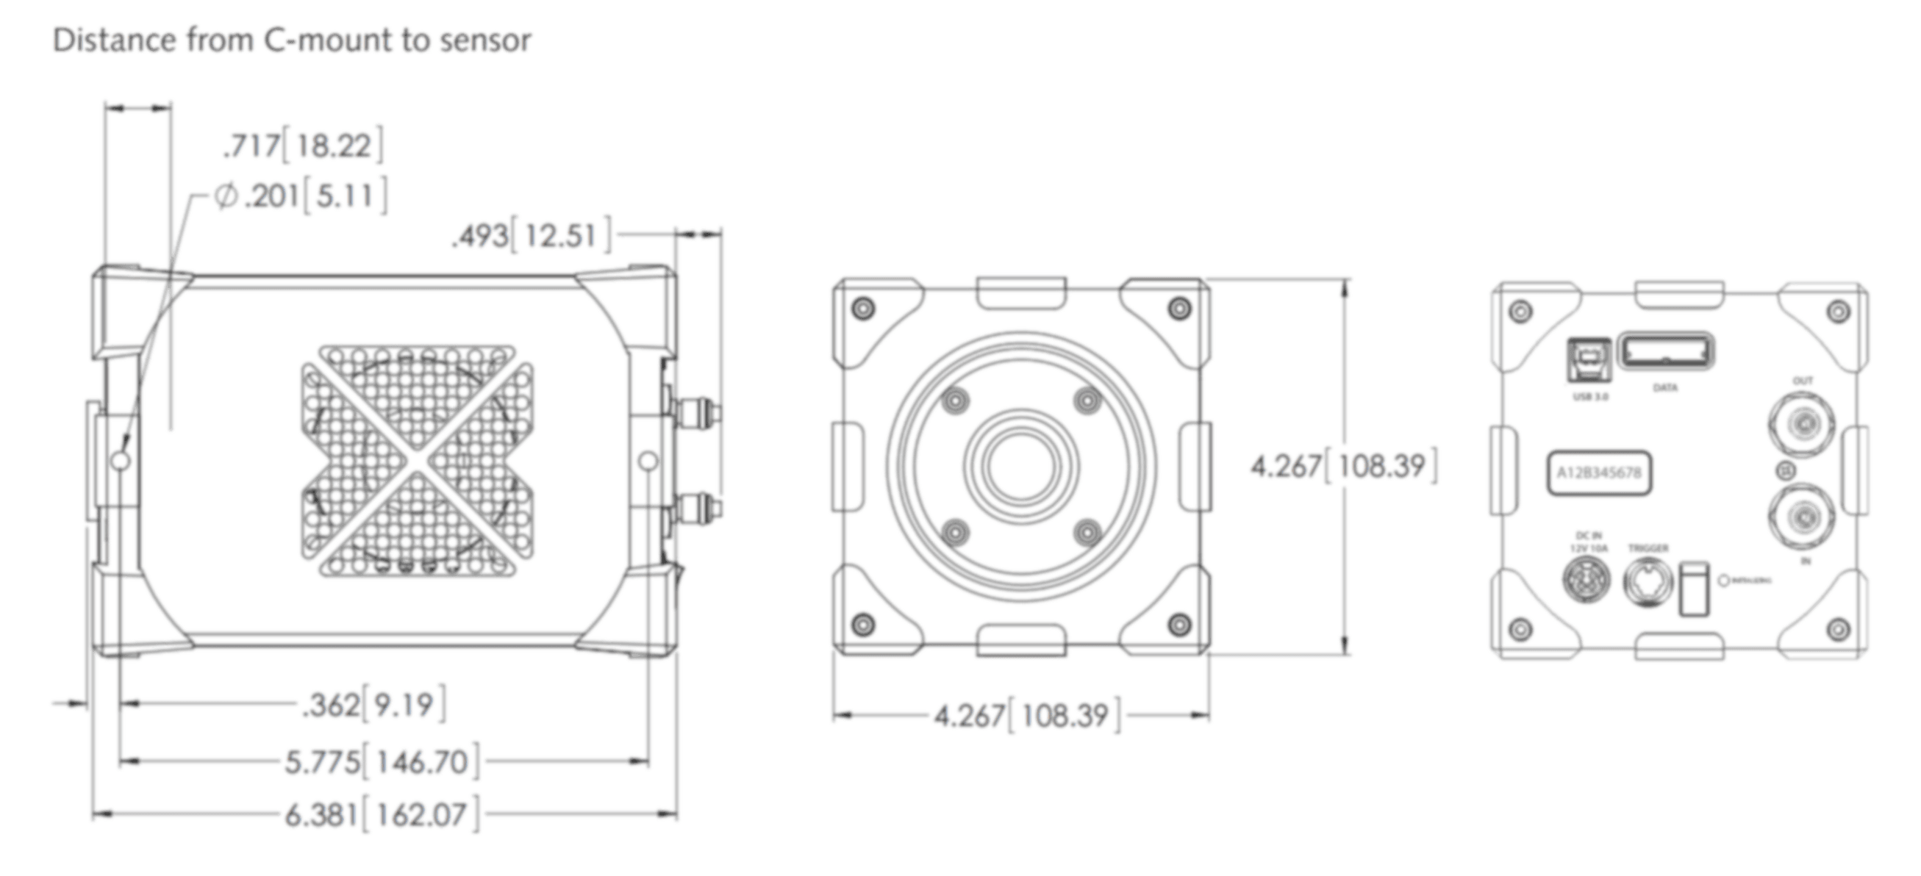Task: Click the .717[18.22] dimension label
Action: coord(304,147)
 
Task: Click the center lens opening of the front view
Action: coord(1021,468)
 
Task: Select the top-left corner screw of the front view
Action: coord(866,309)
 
